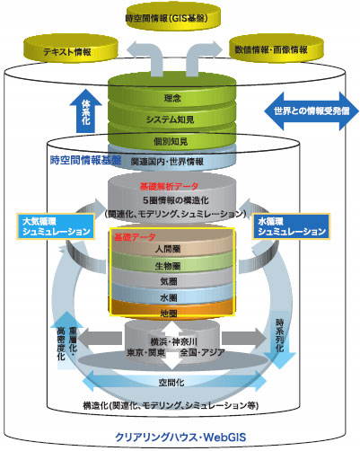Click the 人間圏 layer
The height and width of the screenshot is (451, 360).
click(x=170, y=247)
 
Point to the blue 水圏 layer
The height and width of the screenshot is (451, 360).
click(x=170, y=296)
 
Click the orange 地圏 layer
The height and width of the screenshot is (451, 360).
click(x=170, y=313)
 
